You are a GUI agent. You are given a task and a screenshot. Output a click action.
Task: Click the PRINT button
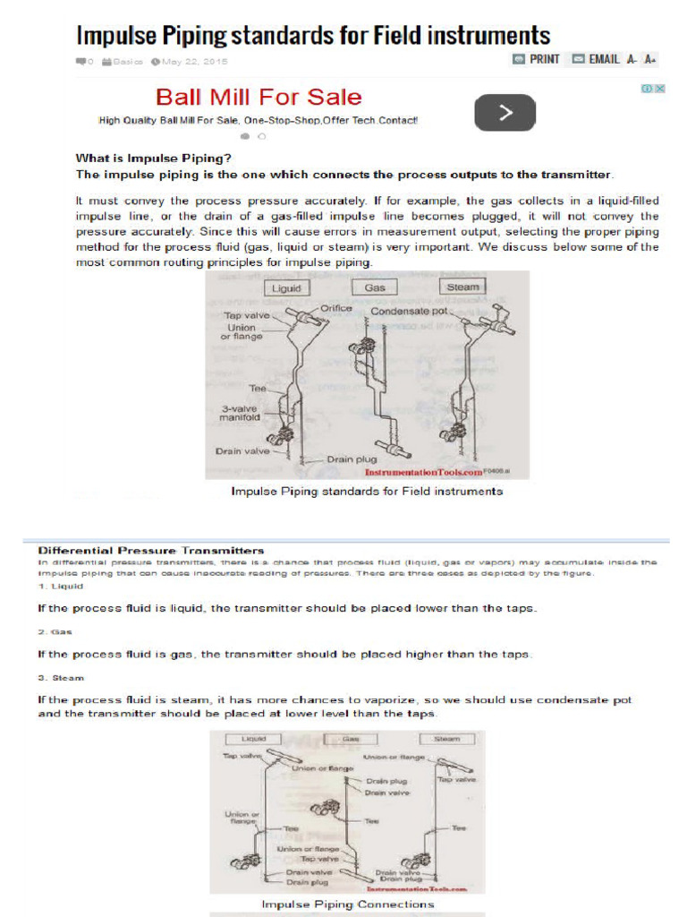point(536,59)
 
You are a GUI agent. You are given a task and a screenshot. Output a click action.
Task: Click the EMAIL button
point(595,59)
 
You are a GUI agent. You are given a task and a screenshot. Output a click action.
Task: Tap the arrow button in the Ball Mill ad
point(505,113)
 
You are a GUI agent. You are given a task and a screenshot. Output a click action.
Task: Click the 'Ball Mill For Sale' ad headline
point(259,97)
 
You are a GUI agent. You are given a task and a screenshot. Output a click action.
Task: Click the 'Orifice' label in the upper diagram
point(336,309)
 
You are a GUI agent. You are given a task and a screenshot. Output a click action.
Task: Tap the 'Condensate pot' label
point(408,312)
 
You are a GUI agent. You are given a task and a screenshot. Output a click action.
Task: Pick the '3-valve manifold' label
point(240,412)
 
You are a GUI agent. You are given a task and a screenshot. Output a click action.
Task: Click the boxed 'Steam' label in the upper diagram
point(462,287)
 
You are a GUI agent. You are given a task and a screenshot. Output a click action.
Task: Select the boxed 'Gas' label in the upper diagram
point(375,288)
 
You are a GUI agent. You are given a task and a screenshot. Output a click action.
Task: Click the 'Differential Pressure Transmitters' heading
point(150,549)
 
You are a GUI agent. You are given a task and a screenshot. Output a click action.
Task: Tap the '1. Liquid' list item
point(60,586)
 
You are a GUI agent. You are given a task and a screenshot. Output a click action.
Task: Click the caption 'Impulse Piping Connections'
point(347,904)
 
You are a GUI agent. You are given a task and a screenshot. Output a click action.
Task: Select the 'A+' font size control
point(650,59)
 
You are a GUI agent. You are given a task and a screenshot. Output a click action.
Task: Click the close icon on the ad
point(659,89)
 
